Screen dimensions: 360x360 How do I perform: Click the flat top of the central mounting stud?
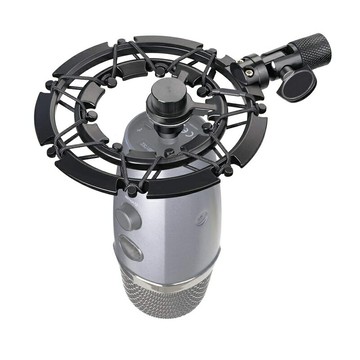[162, 91]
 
